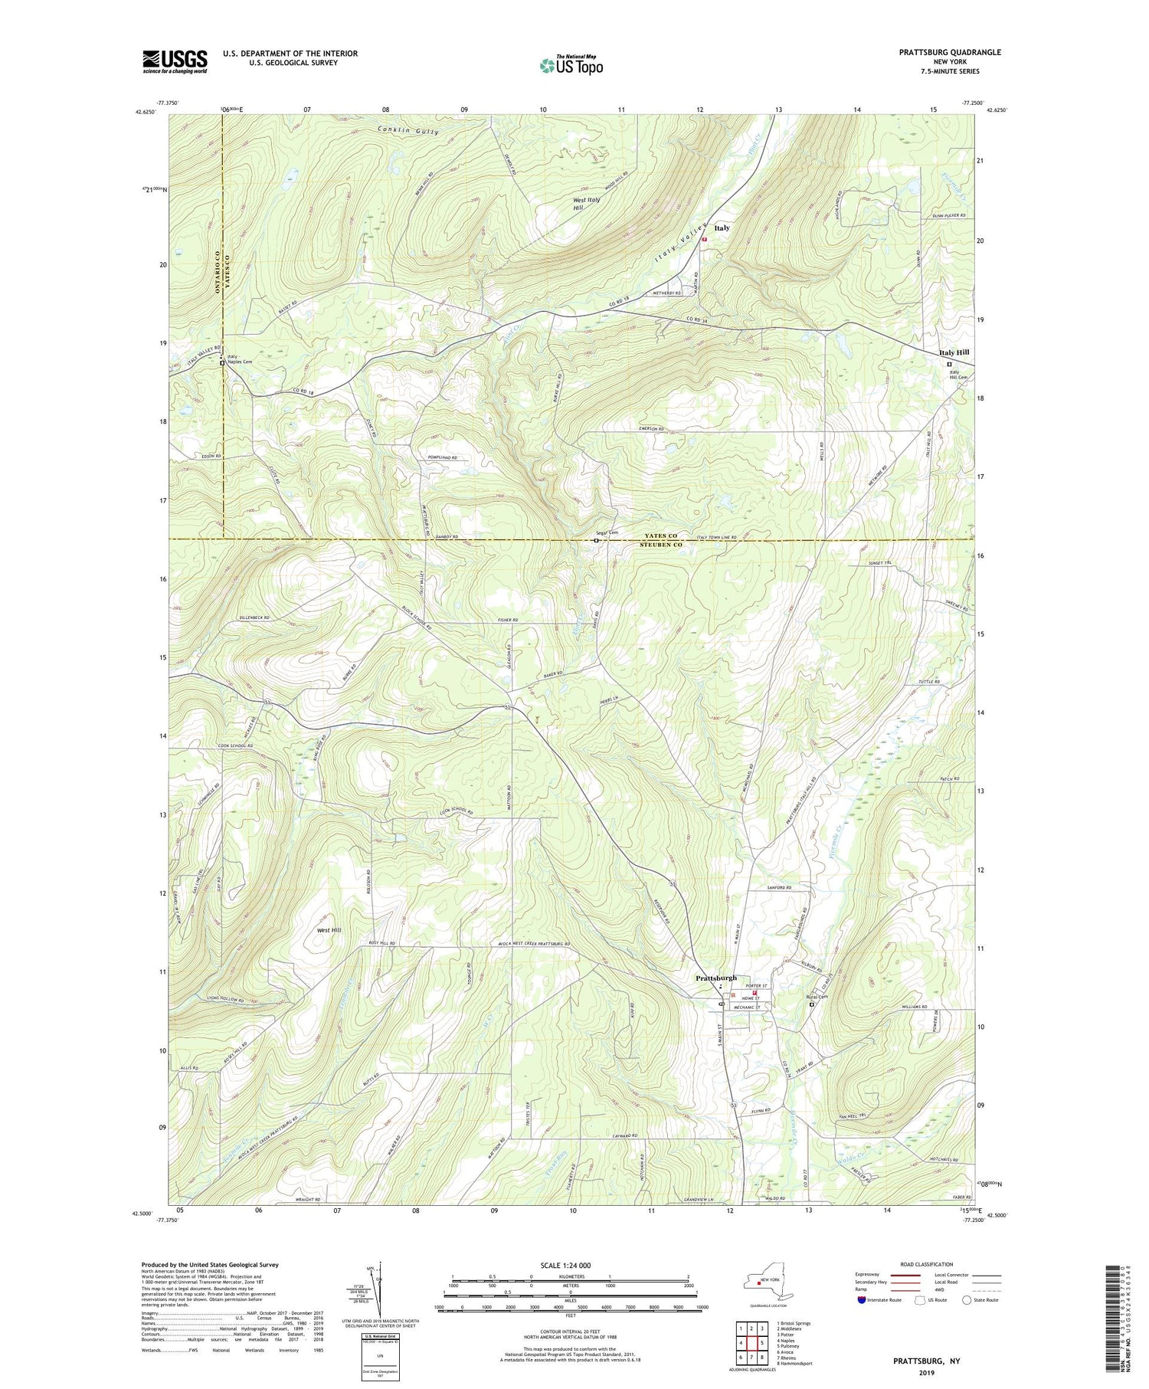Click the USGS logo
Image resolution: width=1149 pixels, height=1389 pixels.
pyautogui.click(x=175, y=61)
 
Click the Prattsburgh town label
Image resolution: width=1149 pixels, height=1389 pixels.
pyautogui.click(x=716, y=978)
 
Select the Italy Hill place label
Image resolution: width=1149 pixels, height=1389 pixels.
pyautogui.click(x=954, y=352)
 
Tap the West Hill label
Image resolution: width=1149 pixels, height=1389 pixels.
pyautogui.click(x=329, y=929)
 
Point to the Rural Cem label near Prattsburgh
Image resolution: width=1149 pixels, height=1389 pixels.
pyautogui.click(x=817, y=997)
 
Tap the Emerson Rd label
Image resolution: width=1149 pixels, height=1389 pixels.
pyautogui.click(x=651, y=429)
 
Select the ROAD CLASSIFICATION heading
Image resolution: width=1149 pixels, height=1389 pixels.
pyautogui.click(x=926, y=1264)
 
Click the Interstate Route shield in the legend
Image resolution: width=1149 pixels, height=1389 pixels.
pyautogui.click(x=861, y=1300)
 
